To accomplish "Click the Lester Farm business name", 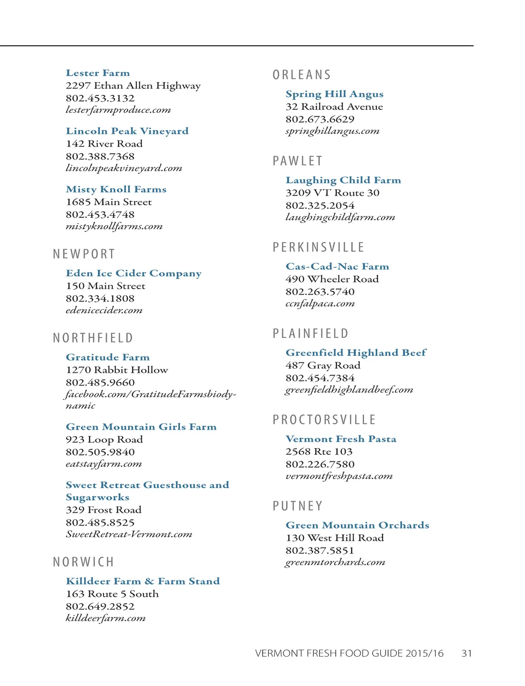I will pyautogui.click(x=97, y=73).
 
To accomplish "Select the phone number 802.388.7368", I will pyautogui.click(x=100, y=156).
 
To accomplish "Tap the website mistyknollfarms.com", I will pyautogui.click(x=114, y=226).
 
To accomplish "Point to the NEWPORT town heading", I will pyautogui.click(x=84, y=254).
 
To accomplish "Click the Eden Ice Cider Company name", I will pyautogui.click(x=133, y=273).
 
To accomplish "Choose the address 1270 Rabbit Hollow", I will pyautogui.click(x=116, y=370).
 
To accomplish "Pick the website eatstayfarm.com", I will pyautogui.click(x=104, y=464).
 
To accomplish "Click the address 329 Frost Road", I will pyautogui.click(x=104, y=510).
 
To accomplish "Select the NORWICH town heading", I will pyautogui.click(x=84, y=562).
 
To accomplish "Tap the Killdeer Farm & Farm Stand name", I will pyautogui.click(x=143, y=581).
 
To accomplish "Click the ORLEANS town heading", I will pyautogui.click(x=302, y=75).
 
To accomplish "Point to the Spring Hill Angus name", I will pyautogui.click(x=334, y=94).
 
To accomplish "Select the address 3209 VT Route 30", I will pyautogui.click(x=332, y=193).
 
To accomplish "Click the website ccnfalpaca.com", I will pyautogui.click(x=320, y=304).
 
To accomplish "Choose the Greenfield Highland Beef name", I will pyautogui.click(x=356, y=353).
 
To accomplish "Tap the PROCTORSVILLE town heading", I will pyautogui.click(x=325, y=420).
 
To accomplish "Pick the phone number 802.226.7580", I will pyautogui.click(x=320, y=464).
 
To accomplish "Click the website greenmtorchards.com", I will pyautogui.click(x=335, y=562).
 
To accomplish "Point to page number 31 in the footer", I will pyautogui.click(x=467, y=653).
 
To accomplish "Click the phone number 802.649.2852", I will pyautogui.click(x=100, y=606).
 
